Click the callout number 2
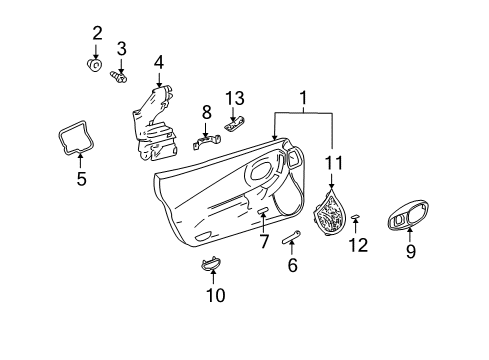[97, 33]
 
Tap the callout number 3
[122, 47]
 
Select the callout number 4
[158, 63]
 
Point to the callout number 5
[81, 180]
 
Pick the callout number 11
[333, 161]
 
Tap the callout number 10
[215, 295]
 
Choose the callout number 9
[409, 253]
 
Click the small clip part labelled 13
[235, 124]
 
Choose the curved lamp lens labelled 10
[211, 265]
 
